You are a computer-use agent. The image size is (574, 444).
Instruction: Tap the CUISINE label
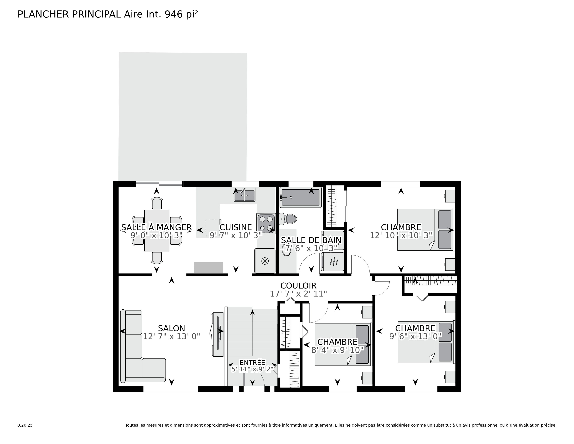[236, 227]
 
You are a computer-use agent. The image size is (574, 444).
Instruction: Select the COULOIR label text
[298, 286]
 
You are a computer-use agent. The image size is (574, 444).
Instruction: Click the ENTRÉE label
[252, 363]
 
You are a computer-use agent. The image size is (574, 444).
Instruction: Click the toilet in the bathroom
[288, 219]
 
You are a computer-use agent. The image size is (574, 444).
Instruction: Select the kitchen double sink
[244, 194]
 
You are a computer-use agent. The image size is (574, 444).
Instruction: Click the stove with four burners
[266, 223]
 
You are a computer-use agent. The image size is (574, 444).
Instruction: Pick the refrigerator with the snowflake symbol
[265, 261]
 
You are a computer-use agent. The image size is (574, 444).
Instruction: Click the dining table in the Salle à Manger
[157, 230]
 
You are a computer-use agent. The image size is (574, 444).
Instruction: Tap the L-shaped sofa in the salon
[142, 346]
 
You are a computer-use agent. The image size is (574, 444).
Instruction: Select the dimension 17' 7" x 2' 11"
[298, 294]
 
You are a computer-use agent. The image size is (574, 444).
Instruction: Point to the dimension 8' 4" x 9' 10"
[337, 350]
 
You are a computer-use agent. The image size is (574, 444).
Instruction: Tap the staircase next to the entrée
[252, 331]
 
